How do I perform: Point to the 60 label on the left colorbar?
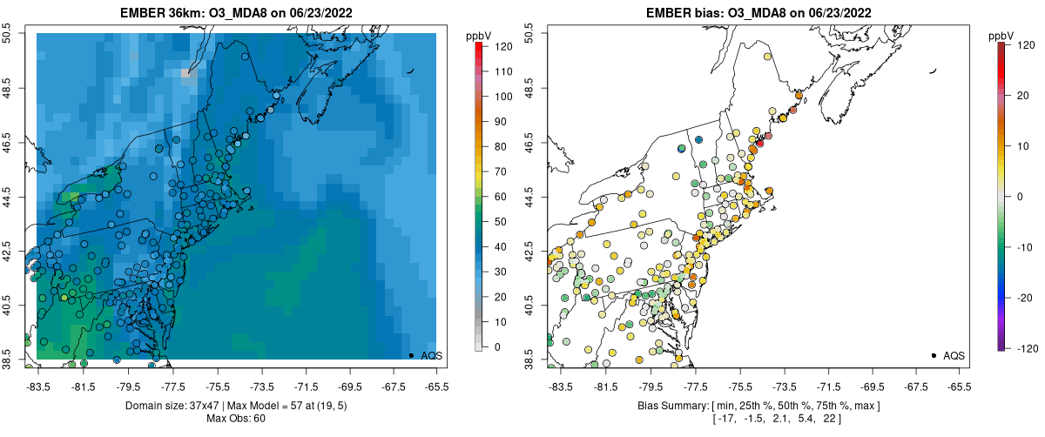[x=501, y=197]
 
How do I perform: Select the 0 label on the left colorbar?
[x=498, y=347]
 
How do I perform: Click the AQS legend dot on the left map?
[x=411, y=355]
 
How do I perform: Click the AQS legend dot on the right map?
[x=934, y=355]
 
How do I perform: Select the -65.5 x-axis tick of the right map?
[x=959, y=386]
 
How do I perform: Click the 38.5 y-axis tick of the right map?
[x=529, y=358]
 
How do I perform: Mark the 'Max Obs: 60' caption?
[x=236, y=419]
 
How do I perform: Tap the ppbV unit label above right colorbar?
[x=1002, y=36]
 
